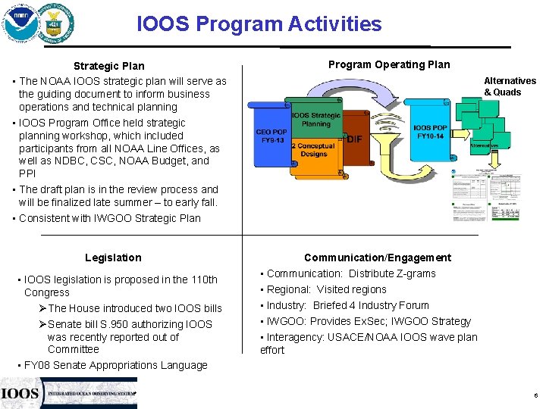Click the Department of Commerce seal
58,23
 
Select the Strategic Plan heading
108,66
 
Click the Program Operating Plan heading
388,64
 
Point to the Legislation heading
113,258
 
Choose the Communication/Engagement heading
377,258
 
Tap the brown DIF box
353,139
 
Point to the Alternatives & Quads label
510,86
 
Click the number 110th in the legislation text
203,279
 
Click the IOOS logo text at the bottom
20,393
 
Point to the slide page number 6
535,395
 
